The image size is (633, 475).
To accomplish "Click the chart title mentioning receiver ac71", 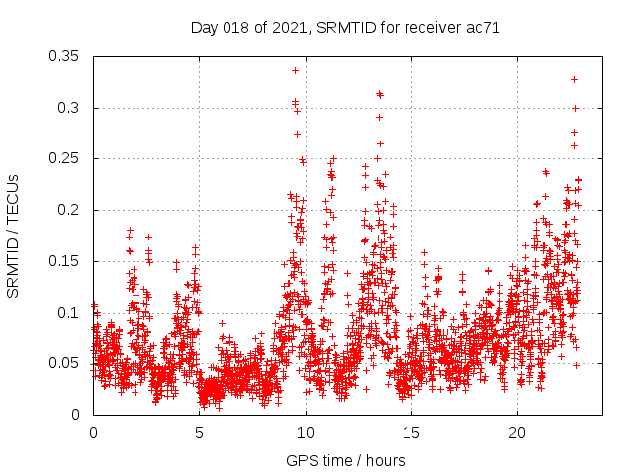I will point(344,28).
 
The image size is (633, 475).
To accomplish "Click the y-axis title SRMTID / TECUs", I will point(13,237).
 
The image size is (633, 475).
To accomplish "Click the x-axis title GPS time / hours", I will point(345,460).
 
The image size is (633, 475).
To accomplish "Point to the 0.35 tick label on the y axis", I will point(66,56).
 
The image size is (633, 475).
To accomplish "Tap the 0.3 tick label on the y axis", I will point(70,108).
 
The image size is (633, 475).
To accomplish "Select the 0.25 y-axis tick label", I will point(66,158).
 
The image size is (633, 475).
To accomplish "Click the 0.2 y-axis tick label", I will point(70,210).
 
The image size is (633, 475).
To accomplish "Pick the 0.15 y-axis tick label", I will point(66,261).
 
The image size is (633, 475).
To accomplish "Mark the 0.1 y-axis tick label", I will point(70,313).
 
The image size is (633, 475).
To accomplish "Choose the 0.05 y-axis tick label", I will point(66,363).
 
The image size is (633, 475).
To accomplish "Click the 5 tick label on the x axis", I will point(200,433).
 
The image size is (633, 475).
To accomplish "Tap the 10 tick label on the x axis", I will point(306,433).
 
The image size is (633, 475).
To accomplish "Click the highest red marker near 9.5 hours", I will point(295,70).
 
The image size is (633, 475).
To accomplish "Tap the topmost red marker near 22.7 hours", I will point(574,79).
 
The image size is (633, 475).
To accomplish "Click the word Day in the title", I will point(204,28).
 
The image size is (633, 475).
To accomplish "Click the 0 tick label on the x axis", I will point(93,433).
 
